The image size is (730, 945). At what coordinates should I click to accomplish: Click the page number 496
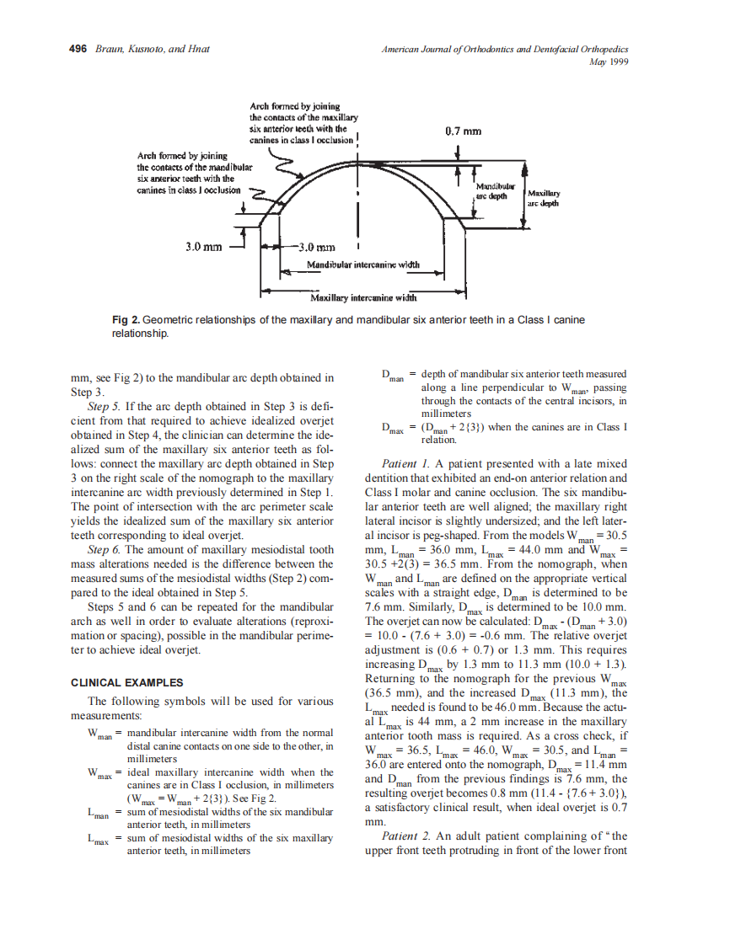coord(78,49)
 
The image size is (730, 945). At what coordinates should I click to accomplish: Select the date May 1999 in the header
coord(613,61)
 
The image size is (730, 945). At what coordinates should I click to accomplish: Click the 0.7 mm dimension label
coord(463,131)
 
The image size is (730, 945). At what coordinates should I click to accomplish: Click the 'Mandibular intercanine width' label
coord(362,264)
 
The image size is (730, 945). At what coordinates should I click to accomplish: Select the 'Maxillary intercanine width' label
coord(363,297)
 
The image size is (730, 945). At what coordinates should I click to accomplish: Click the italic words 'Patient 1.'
coord(407,463)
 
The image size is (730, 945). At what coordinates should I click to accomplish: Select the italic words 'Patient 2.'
coord(407,836)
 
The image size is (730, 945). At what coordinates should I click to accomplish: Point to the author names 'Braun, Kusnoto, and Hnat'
coord(153,49)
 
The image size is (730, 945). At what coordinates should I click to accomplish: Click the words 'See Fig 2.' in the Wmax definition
coord(253,798)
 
